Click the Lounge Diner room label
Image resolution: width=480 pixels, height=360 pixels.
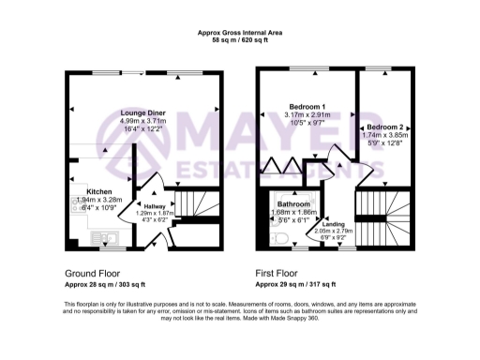pyautogui.click(x=143, y=112)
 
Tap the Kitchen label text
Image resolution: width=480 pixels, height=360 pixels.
pyautogui.click(x=87, y=190)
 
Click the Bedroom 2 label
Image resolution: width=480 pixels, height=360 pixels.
pyautogui.click(x=385, y=127)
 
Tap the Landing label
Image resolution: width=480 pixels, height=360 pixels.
pyautogui.click(x=334, y=224)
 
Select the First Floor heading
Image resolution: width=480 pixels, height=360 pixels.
pyautogui.click(x=279, y=274)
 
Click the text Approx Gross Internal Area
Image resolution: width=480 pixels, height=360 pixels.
pyautogui.click(x=240, y=32)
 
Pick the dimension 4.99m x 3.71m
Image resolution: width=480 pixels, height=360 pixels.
pyautogui.click(x=143, y=121)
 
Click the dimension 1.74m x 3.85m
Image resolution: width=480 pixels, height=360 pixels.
pyautogui.click(x=385, y=135)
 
